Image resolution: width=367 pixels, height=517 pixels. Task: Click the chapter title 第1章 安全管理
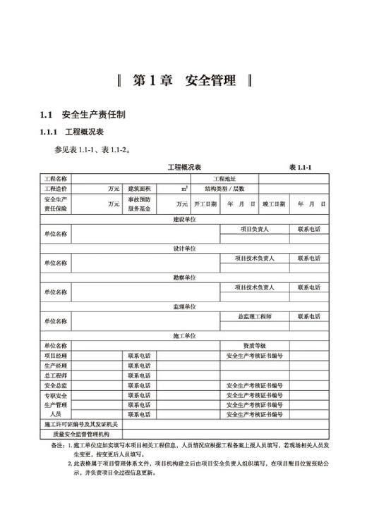183,80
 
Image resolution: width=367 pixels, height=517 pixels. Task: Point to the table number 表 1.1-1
301,167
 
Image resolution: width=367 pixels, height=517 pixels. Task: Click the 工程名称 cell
56,179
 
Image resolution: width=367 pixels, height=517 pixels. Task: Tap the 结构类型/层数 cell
225,189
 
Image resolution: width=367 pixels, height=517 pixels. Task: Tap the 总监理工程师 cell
254,317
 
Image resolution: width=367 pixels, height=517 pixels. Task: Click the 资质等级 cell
254,346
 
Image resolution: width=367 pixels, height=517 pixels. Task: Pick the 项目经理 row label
56,356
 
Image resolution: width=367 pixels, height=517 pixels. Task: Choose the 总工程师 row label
56,375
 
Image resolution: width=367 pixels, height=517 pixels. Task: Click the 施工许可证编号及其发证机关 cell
81,425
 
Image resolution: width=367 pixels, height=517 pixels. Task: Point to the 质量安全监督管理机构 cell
81,435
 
